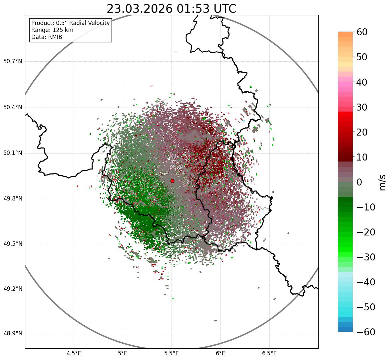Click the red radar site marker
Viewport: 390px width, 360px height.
(x=172, y=181)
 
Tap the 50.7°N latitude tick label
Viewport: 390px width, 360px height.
(x=13, y=62)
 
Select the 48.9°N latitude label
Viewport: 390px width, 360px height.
(x=13, y=334)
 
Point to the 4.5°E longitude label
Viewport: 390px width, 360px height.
(x=74, y=353)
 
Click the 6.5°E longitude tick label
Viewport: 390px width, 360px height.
(x=269, y=353)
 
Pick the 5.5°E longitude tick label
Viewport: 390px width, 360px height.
(x=172, y=353)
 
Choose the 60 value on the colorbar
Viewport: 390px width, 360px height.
(x=362, y=32)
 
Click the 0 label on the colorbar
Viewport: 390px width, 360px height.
(x=359, y=182)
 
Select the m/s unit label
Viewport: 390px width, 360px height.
(x=383, y=182)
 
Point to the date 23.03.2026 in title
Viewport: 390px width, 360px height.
(x=140, y=9)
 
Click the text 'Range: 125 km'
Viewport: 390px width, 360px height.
(x=52, y=30)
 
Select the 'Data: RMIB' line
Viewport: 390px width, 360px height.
(x=47, y=37)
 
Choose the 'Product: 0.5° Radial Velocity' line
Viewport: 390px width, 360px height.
(x=70, y=23)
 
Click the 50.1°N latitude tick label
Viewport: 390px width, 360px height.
(x=13, y=153)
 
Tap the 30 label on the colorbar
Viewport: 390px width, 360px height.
(x=362, y=107)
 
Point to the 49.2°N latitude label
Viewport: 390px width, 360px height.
(x=13, y=289)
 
